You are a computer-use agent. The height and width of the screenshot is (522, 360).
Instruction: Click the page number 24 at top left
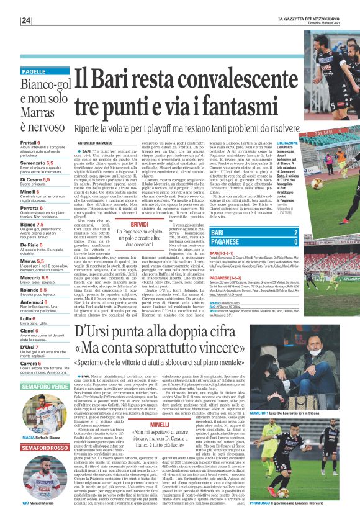26,21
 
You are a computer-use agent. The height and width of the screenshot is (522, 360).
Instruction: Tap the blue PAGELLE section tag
42,71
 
